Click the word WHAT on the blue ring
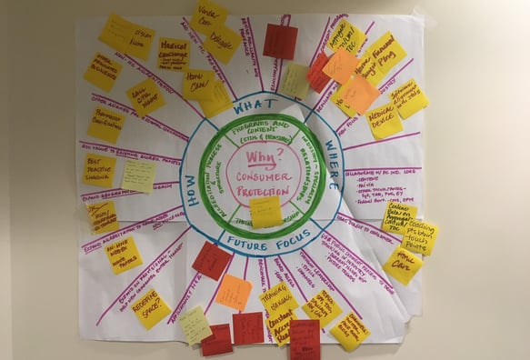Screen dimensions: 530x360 point(255,106)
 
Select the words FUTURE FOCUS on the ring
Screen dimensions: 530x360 point(259,243)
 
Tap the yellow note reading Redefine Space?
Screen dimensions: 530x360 point(151,308)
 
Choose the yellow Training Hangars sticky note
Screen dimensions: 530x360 point(278,298)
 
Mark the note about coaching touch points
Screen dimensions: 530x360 point(419,236)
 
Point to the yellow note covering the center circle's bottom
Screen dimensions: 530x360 point(265,212)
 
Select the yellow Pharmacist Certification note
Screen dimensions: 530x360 point(106,125)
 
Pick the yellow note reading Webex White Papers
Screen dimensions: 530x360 point(124,254)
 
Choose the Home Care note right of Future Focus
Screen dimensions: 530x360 point(401,265)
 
